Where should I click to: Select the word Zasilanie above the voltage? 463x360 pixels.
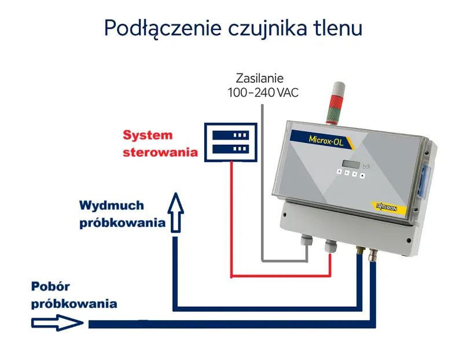coord(260,79)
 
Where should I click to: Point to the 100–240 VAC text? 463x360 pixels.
coord(262,93)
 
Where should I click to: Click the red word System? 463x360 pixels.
coord(148,135)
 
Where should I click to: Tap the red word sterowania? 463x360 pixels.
coord(160,153)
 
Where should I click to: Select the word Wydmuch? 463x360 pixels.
coord(112,205)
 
